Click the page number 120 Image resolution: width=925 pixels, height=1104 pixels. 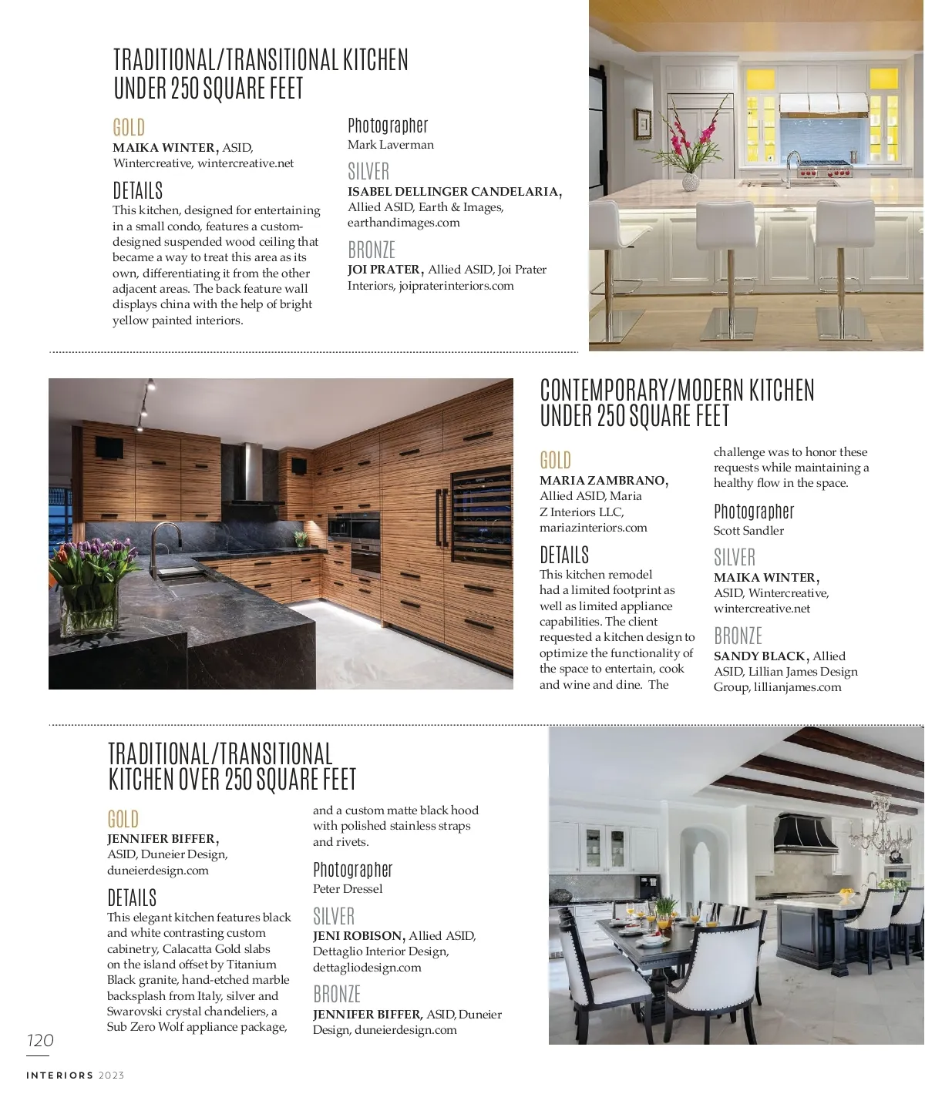40,1041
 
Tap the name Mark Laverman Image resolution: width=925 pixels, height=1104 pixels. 390,145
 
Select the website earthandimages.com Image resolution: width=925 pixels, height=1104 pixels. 403,223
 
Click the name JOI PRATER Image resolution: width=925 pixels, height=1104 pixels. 384,270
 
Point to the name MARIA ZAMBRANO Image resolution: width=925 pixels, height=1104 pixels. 603,481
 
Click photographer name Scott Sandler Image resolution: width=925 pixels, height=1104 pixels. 748,531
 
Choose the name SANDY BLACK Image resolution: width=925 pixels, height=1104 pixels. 759,656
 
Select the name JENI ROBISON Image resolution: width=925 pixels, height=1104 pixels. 358,936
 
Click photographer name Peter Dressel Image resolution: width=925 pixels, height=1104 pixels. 348,889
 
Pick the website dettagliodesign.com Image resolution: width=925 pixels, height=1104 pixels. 367,968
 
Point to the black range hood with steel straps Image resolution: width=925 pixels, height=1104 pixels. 804,835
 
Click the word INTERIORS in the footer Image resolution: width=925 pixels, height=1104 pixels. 59,1075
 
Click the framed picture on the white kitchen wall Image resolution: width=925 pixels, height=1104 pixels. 644,124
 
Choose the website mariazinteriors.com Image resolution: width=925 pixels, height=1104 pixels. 593,528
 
